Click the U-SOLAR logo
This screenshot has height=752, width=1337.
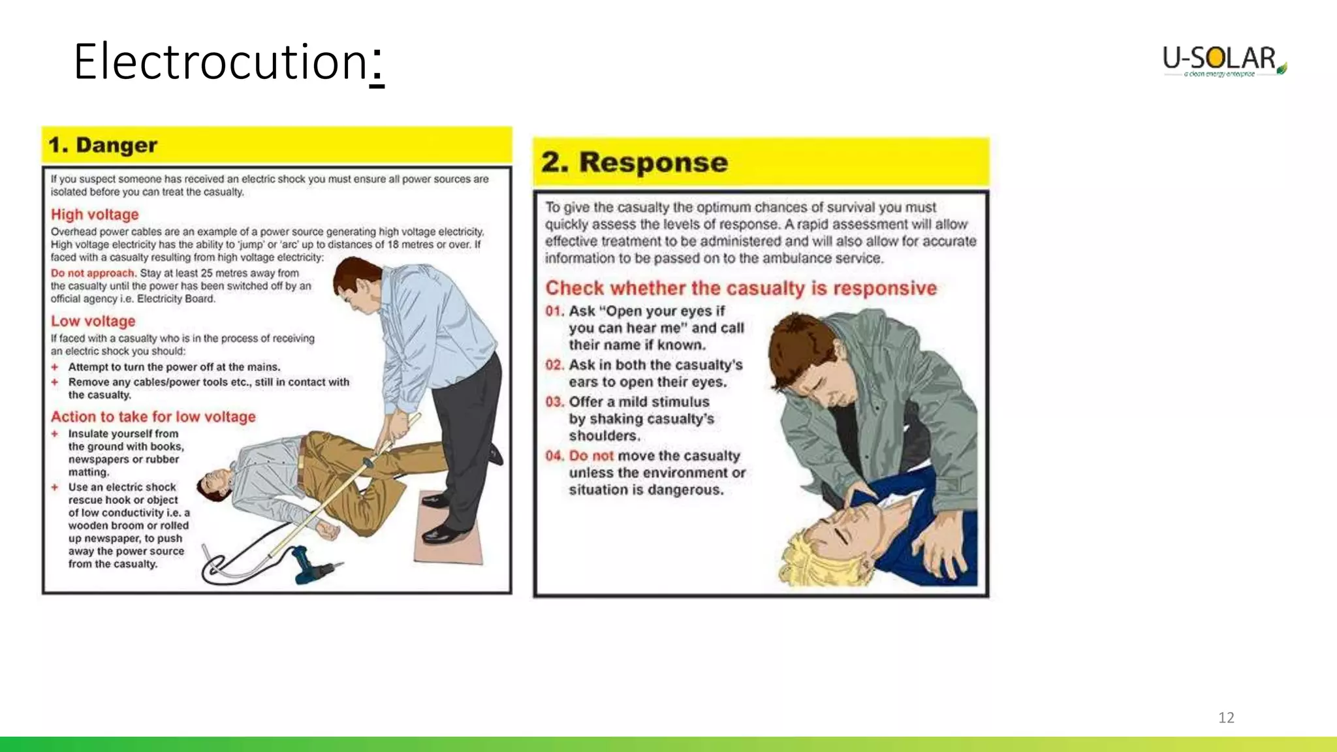1223,61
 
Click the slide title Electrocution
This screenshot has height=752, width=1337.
228,62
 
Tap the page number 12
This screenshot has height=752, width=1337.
1226,717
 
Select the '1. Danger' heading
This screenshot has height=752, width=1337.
103,145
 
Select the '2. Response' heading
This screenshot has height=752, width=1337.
634,162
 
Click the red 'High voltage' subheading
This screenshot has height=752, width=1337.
95,215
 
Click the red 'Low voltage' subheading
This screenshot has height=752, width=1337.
93,321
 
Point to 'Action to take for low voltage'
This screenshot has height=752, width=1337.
153,416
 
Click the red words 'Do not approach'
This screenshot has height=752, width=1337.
93,273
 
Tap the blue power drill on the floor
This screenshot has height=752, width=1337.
313,566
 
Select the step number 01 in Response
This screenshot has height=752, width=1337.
554,311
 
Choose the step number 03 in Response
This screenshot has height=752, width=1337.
554,402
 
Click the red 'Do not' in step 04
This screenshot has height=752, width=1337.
591,456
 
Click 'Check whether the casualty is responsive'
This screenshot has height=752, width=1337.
741,288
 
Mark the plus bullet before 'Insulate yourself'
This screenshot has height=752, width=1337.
55,433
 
